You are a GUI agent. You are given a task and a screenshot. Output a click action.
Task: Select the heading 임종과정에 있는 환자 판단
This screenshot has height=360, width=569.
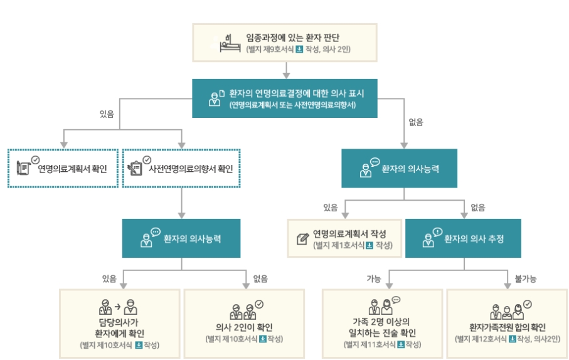coord(297,36)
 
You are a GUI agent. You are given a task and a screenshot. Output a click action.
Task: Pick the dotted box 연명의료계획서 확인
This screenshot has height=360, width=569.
coord(63,168)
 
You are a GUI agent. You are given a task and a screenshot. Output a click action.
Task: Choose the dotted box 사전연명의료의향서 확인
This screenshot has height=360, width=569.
coord(182,168)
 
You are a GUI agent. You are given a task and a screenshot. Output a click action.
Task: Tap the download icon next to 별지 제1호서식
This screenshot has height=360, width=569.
coord(369,245)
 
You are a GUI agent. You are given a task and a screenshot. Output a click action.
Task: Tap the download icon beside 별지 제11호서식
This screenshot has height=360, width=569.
coord(400,345)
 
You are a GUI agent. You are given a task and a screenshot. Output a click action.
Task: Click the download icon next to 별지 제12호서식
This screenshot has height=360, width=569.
coord(513,339)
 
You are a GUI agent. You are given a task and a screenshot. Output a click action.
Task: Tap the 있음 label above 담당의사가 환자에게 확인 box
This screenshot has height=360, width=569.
coord(109,278)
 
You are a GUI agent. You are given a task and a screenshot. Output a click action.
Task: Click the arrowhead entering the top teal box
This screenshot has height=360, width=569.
coord(285,75)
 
